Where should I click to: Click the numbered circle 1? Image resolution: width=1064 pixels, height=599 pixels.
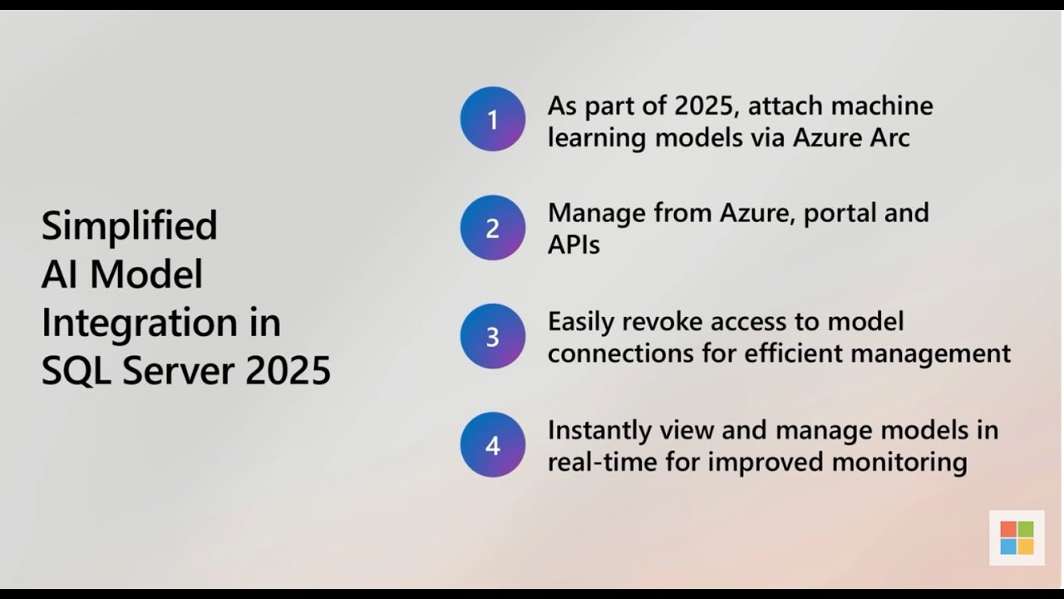pos(493,119)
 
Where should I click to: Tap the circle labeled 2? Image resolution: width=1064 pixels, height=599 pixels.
pos(493,228)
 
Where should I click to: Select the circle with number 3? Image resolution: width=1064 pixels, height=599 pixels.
pos(493,336)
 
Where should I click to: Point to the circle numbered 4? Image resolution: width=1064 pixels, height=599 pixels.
pos(493,445)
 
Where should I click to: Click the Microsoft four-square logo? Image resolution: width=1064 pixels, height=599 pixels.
pos(1017,537)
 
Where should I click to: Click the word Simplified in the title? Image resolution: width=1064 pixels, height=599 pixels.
pos(130,225)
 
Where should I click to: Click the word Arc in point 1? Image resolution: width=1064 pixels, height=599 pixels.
pos(889,137)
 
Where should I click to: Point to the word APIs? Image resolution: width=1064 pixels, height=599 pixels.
pos(574,245)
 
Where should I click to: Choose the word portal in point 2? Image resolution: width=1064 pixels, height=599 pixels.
pos(844,214)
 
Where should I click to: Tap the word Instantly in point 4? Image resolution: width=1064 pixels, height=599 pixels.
pos(599,431)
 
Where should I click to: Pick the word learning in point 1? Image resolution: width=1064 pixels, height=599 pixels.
pos(596,138)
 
